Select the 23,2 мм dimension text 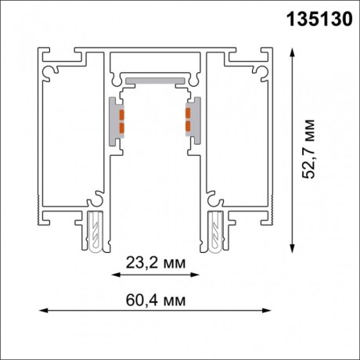pyautogui.click(x=154, y=261)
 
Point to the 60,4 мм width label pyautogui.click(x=154, y=299)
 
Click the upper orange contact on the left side pyautogui.click(x=122, y=115)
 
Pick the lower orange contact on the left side pyautogui.click(x=122, y=126)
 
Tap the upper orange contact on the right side pyautogui.click(x=187, y=115)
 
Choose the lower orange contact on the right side pyautogui.click(x=187, y=126)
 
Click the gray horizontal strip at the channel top pyautogui.click(x=154, y=80)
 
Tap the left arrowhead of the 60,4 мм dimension pyautogui.click(x=42, y=312)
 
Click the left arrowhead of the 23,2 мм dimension pyautogui.click(x=114, y=275)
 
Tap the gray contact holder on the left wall pyautogui.click(x=116, y=121)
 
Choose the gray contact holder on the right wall pyautogui.click(x=193, y=121)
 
